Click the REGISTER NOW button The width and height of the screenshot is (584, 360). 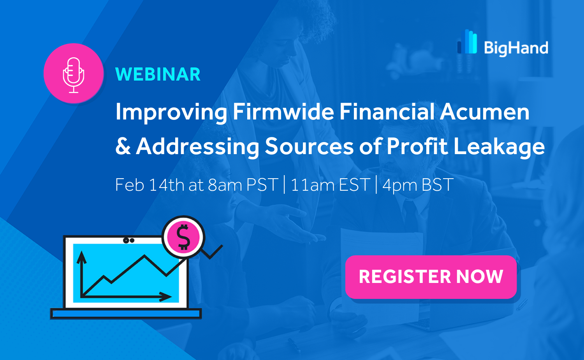(431, 277)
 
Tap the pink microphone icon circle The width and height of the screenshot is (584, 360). (74, 73)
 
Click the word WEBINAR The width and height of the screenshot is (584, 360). (158, 75)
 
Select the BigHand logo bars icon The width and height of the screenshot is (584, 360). (467, 41)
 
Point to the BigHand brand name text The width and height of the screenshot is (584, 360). (516, 49)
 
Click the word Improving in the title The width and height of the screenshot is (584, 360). (171, 112)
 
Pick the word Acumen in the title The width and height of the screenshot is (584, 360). (485, 112)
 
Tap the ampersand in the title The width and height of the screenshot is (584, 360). (123, 146)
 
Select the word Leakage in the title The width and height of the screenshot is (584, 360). (499, 148)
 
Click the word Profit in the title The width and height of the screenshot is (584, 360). (417, 146)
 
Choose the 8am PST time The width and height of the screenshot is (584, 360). (243, 185)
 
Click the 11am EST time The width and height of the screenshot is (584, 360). (330, 185)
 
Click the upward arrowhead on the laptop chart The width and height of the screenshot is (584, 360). (82, 257)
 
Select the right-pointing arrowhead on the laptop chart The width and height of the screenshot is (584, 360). (165, 297)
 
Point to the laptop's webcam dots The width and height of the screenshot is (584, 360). (128, 241)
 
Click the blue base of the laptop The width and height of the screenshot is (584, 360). (126, 314)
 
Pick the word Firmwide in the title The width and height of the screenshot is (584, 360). (283, 112)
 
